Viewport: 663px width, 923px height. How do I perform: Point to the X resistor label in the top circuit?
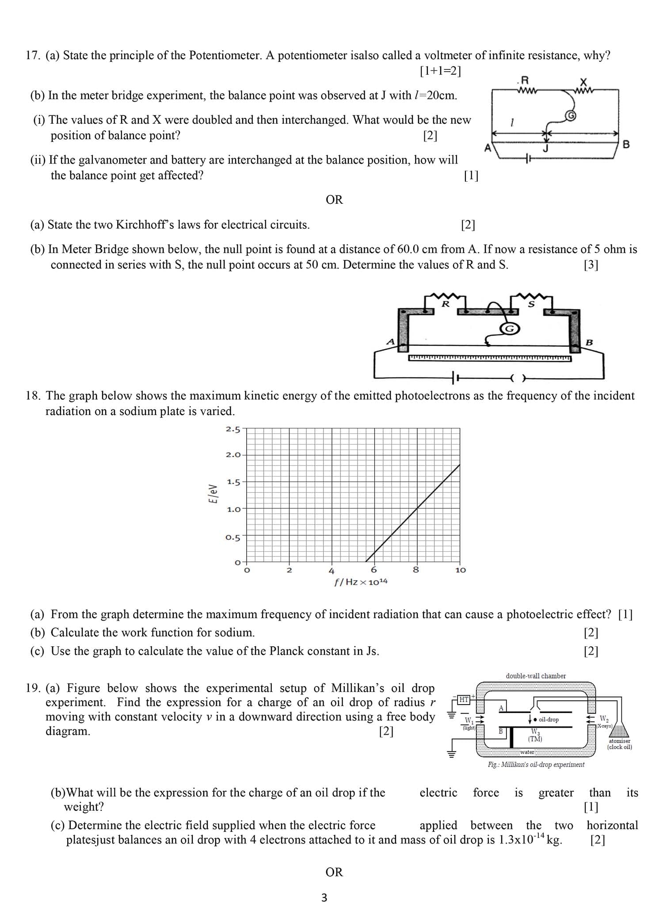(x=583, y=82)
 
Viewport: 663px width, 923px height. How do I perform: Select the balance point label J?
(x=546, y=148)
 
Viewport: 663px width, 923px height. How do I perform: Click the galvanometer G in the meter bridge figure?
(x=510, y=328)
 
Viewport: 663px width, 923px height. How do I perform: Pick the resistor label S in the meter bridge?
(x=531, y=304)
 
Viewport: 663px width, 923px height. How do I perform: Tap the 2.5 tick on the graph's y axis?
(x=233, y=429)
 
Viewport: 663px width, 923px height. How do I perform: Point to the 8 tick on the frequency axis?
(x=415, y=570)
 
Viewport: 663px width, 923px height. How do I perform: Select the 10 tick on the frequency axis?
(x=460, y=570)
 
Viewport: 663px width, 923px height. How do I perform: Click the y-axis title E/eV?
(x=213, y=494)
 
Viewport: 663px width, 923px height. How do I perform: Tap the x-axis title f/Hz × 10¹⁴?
(x=361, y=582)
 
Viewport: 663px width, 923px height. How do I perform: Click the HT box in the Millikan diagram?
(x=464, y=699)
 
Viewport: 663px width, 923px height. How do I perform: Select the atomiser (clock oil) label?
(x=619, y=744)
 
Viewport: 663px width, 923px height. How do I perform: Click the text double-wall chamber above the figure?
(x=536, y=676)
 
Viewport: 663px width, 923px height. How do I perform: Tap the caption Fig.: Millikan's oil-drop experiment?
(x=536, y=764)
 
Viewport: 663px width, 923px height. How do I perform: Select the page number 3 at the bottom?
(x=324, y=898)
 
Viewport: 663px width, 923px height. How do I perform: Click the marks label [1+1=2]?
(x=440, y=71)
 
